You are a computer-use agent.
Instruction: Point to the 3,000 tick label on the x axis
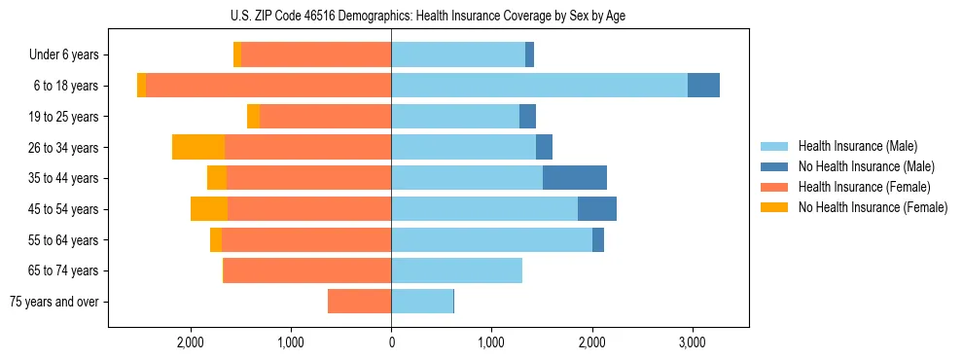coord(692,342)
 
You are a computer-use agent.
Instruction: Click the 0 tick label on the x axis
coord(391,342)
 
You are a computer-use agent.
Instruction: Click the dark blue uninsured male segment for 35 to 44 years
coord(575,178)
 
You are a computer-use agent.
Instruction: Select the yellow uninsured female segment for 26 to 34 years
coord(198,147)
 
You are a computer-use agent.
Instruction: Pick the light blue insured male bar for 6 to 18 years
coord(539,86)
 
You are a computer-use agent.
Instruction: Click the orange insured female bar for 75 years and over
coord(360,302)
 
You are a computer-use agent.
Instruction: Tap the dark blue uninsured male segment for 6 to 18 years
coord(703,86)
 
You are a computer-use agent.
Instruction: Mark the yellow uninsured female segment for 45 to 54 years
coord(209,209)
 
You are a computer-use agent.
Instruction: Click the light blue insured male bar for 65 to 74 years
coord(456,270)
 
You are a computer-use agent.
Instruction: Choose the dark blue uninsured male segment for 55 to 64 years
coord(598,239)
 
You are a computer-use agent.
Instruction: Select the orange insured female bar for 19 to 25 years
coord(326,117)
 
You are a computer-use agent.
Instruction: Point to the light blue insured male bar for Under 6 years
coord(458,55)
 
